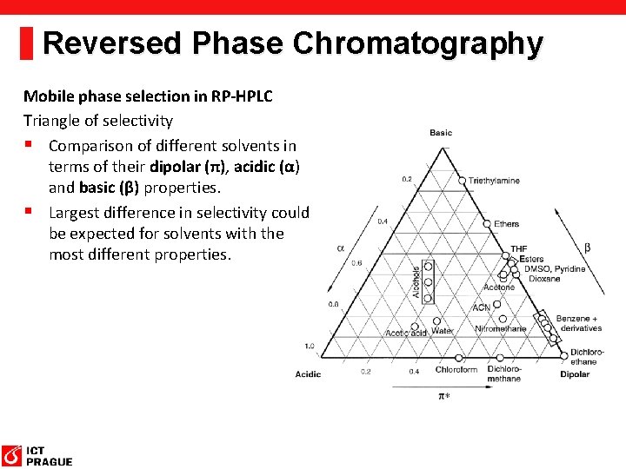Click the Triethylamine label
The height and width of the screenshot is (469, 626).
point(494,181)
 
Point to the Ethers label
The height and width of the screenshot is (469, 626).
point(506,224)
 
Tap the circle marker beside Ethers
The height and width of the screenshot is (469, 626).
point(486,222)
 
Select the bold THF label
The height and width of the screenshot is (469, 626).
point(518,249)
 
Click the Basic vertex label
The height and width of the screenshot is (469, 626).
point(441,133)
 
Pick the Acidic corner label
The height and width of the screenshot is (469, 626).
point(309,374)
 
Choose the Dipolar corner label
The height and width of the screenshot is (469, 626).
point(575,374)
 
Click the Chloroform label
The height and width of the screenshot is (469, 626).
point(456,370)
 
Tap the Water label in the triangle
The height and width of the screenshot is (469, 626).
point(442,330)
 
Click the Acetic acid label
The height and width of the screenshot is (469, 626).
point(406,332)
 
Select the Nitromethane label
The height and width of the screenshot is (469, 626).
point(501,329)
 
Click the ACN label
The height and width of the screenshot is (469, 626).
point(481,307)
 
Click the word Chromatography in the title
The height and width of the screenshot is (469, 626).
point(418,43)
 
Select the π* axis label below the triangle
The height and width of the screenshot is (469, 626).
point(443,396)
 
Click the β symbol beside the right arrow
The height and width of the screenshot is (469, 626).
point(588,248)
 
